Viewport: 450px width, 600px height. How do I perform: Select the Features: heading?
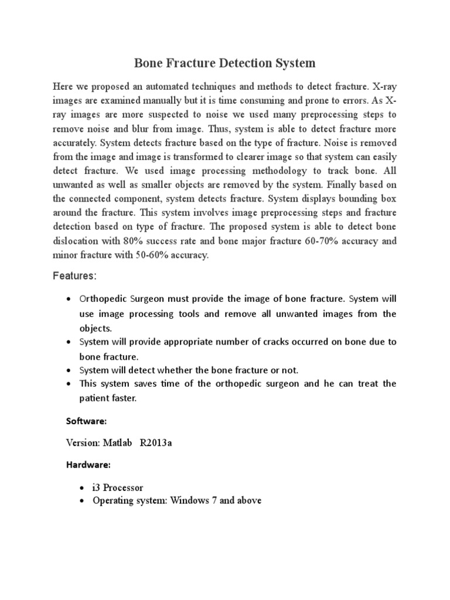(74, 275)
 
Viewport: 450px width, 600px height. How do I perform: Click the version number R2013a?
(156, 443)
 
